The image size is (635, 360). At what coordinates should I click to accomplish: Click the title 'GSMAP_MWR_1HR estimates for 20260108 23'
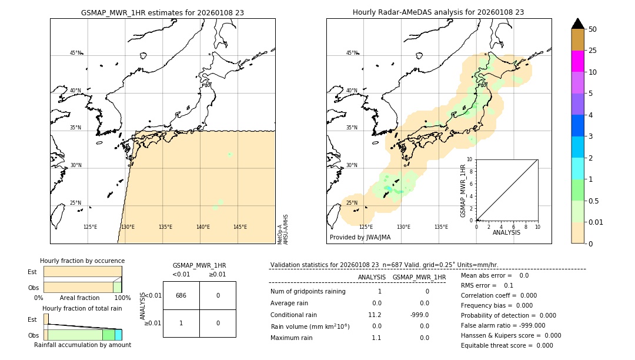(x=162, y=12)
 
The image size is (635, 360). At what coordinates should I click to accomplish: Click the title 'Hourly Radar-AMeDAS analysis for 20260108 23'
(x=438, y=12)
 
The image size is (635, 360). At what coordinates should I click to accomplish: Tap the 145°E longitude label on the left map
(x=240, y=227)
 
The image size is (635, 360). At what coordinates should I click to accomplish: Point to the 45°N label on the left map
(x=75, y=53)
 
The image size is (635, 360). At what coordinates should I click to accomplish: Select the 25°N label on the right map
(x=352, y=204)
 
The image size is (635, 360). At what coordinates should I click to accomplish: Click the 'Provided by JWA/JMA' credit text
(x=360, y=238)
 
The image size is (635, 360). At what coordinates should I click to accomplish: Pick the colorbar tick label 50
(x=593, y=29)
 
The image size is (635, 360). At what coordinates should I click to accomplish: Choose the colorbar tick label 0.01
(x=596, y=222)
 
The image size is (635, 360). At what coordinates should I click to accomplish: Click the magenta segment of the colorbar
(x=577, y=61)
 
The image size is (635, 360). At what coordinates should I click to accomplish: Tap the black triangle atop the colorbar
(x=577, y=24)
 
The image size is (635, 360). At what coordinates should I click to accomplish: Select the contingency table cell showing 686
(x=181, y=295)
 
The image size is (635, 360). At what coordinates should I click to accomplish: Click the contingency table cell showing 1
(x=181, y=323)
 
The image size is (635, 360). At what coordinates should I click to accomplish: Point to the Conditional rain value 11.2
(x=376, y=315)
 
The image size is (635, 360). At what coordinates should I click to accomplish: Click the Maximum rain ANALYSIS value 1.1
(x=376, y=338)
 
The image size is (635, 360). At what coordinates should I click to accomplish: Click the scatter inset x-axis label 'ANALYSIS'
(x=506, y=232)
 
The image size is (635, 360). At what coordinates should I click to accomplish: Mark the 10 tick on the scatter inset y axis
(x=470, y=159)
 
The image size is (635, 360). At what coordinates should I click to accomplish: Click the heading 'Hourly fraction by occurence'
(x=82, y=261)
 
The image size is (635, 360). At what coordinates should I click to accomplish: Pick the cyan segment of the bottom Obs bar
(x=118, y=335)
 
